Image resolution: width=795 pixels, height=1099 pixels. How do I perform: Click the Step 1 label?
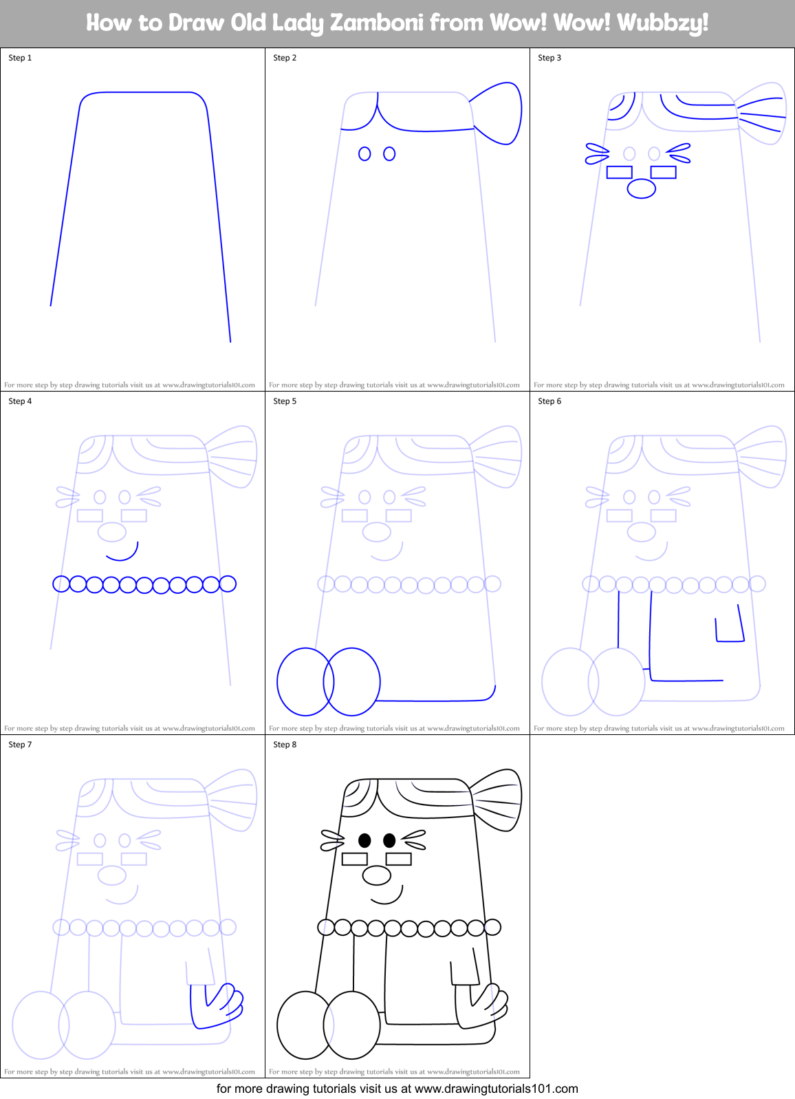[x=20, y=58]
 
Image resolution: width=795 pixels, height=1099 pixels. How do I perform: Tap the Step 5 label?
[x=285, y=401]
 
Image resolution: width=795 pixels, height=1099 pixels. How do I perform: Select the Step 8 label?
[x=285, y=745]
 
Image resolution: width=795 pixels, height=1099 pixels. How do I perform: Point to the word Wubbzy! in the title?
[x=662, y=23]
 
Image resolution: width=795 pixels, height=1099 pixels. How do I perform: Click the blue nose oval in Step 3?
[x=642, y=188]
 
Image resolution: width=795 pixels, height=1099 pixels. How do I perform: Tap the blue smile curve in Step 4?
[x=124, y=554]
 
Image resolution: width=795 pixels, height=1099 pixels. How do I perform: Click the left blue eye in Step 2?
[x=364, y=153]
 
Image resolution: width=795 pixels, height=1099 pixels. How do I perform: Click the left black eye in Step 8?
[x=364, y=840]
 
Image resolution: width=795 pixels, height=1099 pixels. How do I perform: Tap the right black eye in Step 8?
[x=389, y=840]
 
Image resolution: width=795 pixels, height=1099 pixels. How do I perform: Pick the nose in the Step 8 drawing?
[x=376, y=875]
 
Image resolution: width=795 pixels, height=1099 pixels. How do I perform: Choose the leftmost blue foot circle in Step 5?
[x=305, y=681]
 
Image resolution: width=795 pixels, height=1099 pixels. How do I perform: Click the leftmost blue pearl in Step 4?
[x=61, y=584]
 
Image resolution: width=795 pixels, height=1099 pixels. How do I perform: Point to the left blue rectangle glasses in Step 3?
[x=620, y=172]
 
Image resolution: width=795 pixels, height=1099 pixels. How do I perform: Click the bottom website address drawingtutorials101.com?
[x=496, y=1089]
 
